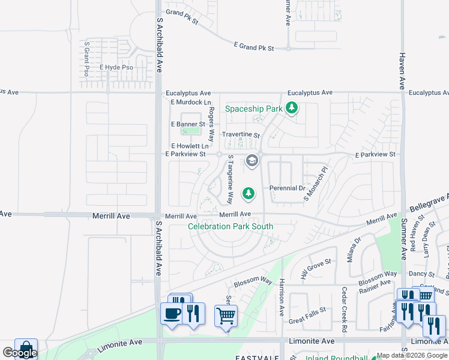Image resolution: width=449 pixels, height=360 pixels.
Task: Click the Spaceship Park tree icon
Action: click(292, 108)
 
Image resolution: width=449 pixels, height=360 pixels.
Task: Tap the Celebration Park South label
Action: click(231, 226)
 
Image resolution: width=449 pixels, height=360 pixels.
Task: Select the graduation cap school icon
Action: click(252, 160)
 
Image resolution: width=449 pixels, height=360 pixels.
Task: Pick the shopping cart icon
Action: click(226, 315)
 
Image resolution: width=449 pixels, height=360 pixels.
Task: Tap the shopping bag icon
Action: click(26, 349)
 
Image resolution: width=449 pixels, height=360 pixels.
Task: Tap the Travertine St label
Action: click(241, 136)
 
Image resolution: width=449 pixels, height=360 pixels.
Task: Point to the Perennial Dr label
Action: click(288, 188)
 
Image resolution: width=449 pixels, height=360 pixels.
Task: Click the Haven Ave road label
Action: click(402, 70)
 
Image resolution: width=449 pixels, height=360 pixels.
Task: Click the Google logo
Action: click(20, 353)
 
